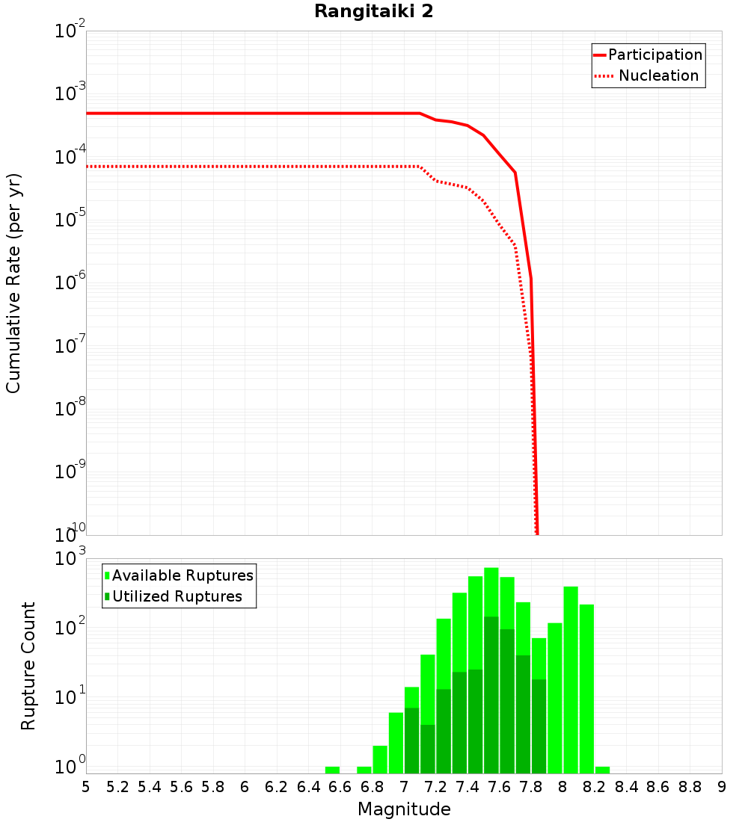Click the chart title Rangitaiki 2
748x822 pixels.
pyautogui.click(x=373, y=12)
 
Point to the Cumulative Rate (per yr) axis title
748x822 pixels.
pyautogui.click(x=13, y=283)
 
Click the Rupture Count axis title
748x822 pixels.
pyautogui.click(x=28, y=666)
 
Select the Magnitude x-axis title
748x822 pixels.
pyautogui.click(x=404, y=809)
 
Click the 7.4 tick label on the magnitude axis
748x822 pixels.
pyautogui.click(x=467, y=787)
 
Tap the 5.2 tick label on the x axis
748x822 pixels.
pyautogui.click(x=118, y=787)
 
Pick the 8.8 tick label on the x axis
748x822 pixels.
pyautogui.click(x=690, y=787)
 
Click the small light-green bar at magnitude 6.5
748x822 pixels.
pyautogui.click(x=332, y=770)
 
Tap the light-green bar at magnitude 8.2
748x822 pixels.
pyautogui.click(x=586, y=688)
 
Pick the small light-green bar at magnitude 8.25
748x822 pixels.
pyautogui.click(x=602, y=770)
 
